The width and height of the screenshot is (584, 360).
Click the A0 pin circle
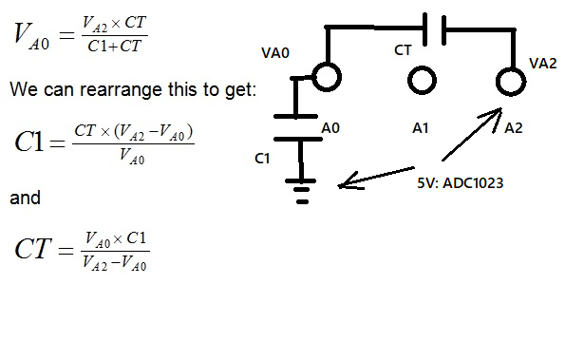click(x=326, y=76)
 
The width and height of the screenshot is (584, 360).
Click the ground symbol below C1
click(x=302, y=191)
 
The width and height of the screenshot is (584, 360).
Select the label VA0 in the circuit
click(x=276, y=53)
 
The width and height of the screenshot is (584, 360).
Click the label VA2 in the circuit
click(x=543, y=63)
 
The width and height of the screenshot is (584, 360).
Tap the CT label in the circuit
click(x=403, y=48)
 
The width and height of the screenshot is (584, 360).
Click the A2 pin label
click(x=514, y=126)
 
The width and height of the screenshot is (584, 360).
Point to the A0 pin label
click(x=331, y=126)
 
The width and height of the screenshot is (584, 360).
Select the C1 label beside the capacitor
click(x=262, y=159)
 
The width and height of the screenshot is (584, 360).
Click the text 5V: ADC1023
click(x=460, y=181)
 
